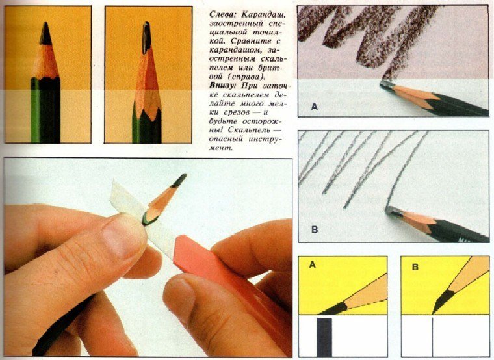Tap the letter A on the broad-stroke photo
(315, 107)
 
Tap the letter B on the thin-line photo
(315, 229)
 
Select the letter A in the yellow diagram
(312, 265)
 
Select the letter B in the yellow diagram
(415, 267)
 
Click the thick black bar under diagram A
(324, 337)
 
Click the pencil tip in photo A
(386, 85)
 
